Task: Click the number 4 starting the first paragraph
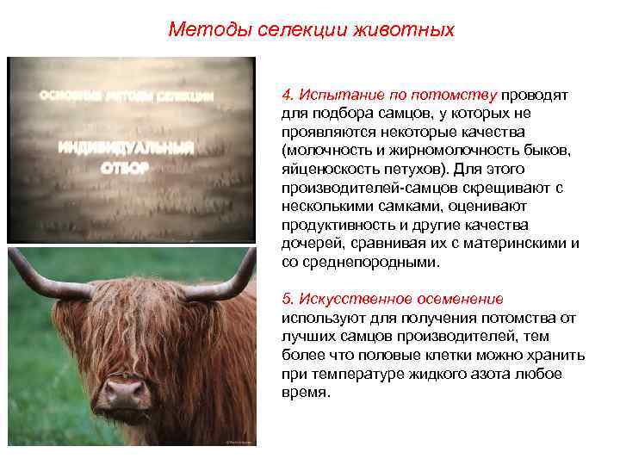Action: pyautogui.click(x=286, y=94)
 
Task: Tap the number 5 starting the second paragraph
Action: pyautogui.click(x=286, y=299)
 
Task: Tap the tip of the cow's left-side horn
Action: pyautogui.click(x=14, y=251)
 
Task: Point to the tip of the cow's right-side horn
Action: pyautogui.click(x=251, y=251)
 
